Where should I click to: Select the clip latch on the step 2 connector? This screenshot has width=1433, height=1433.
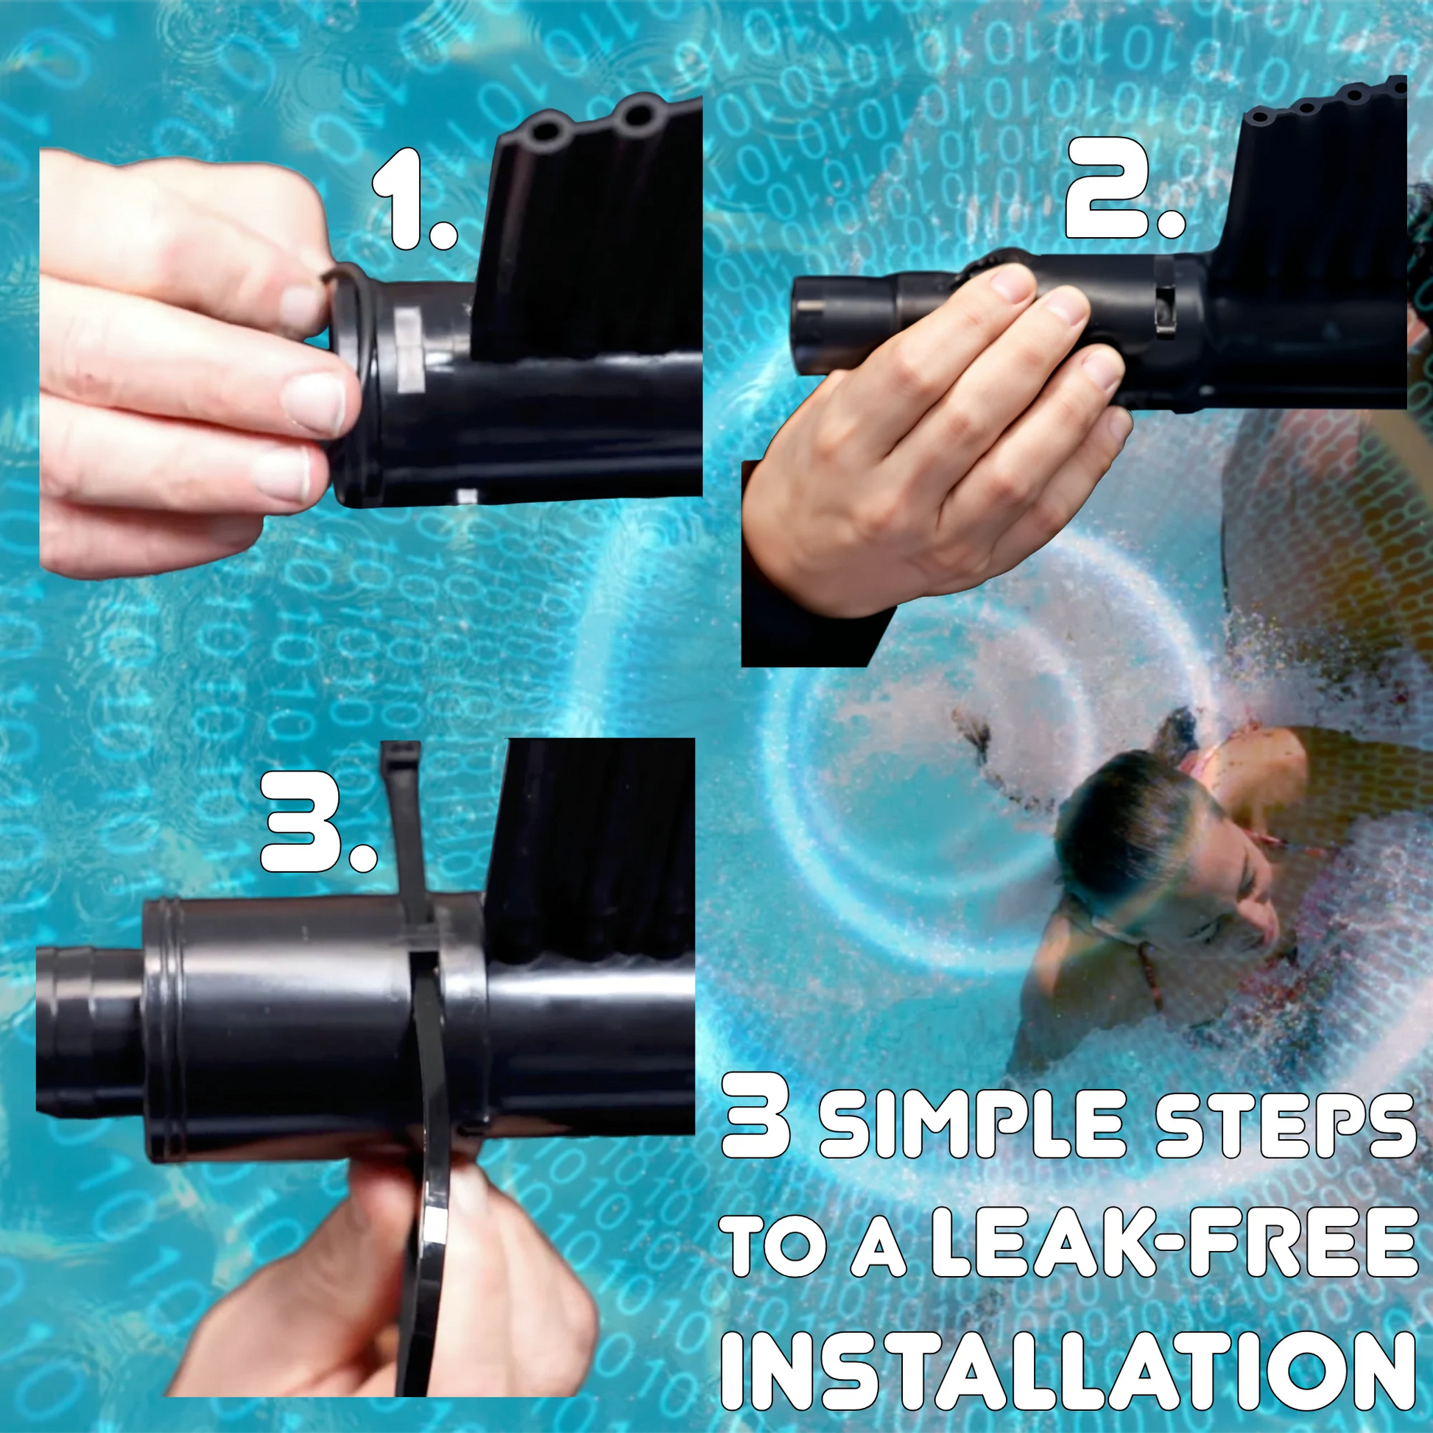click(1163, 296)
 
